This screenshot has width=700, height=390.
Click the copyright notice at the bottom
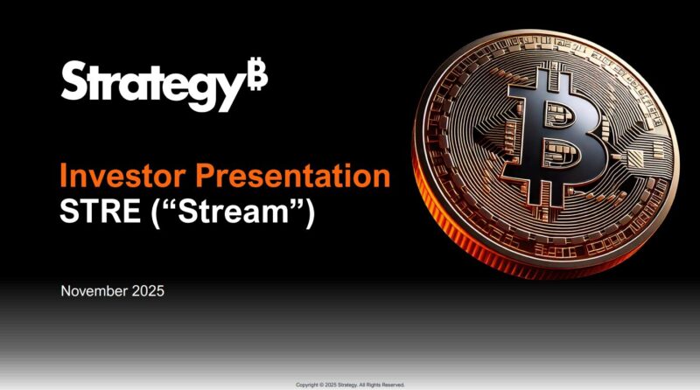[x=350, y=384]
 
